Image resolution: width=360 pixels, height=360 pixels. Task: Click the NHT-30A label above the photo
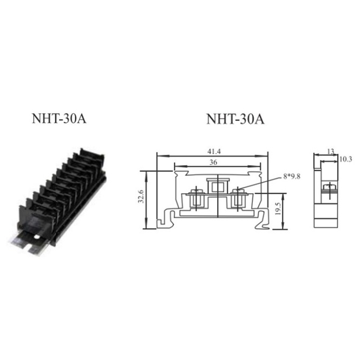[56, 119]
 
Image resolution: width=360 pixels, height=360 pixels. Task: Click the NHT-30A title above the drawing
[234, 119]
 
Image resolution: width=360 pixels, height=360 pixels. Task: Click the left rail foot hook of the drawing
[162, 222]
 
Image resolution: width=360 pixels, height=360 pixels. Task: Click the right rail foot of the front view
[264, 221]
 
